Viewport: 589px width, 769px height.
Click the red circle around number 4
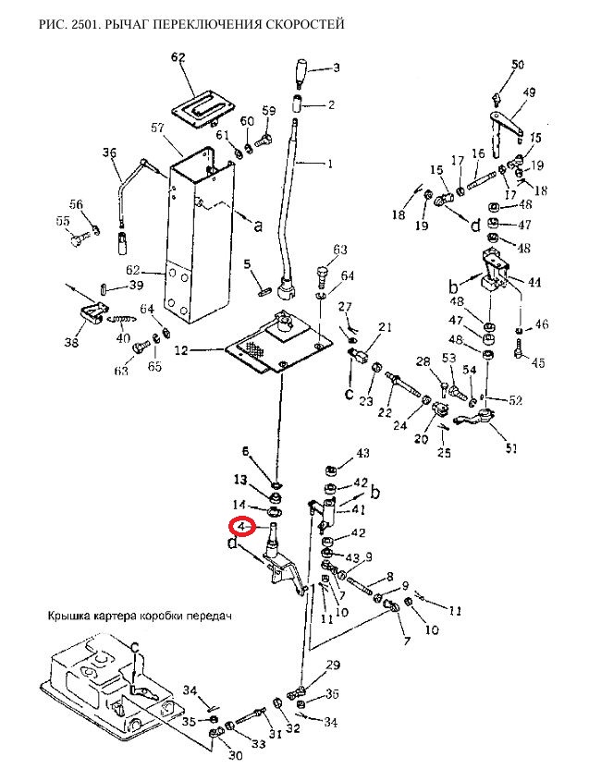[x=242, y=527]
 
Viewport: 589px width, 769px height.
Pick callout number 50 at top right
[x=517, y=65]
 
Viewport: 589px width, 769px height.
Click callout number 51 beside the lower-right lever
[x=511, y=448]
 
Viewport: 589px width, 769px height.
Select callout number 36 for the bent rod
[x=109, y=153]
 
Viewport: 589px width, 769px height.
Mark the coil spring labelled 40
[x=121, y=320]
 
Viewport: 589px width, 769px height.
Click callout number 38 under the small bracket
[x=72, y=342]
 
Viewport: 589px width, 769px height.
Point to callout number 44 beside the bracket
[x=534, y=283]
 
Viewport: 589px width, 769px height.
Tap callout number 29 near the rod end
[x=333, y=665]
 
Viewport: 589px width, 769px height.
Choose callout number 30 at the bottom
[x=224, y=755]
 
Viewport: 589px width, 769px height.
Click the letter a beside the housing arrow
[x=258, y=226]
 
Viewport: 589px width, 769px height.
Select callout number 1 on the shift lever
[x=330, y=164]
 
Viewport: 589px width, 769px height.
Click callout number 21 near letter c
[x=386, y=326]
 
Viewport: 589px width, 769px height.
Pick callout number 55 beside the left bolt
[x=63, y=222]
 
